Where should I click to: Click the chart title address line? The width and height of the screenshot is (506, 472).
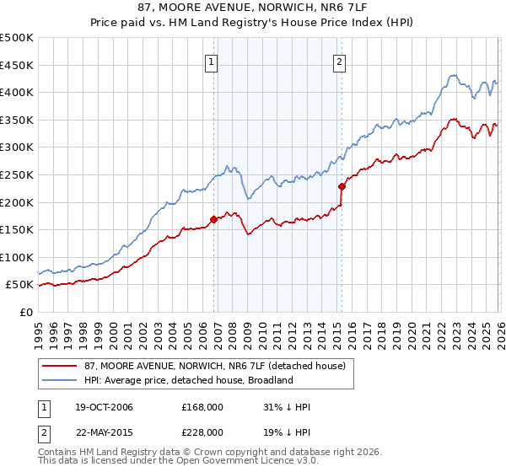(253, 8)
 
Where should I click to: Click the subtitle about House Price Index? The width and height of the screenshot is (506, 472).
(253, 24)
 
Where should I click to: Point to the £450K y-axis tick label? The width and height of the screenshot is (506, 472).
(17, 65)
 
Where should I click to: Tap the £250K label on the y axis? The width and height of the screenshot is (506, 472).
(17, 174)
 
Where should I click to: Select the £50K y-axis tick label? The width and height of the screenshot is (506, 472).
(19, 285)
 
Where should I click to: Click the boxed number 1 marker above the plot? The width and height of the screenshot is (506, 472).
(210, 61)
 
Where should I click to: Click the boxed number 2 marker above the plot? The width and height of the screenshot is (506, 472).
(339, 61)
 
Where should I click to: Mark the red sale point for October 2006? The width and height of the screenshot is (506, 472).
(213, 220)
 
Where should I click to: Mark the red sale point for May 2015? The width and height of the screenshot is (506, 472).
(342, 187)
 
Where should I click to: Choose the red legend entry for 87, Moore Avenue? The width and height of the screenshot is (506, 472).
(202, 366)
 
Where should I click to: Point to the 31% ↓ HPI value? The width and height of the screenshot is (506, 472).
(287, 407)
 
